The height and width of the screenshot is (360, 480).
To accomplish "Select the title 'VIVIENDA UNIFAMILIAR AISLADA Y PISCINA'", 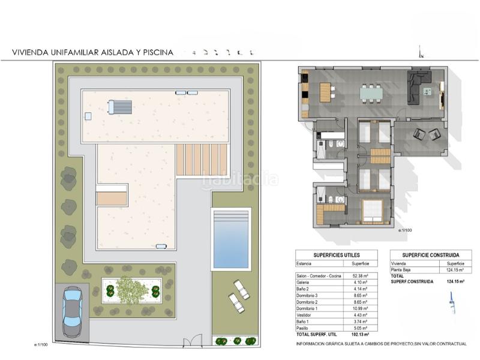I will pos(93,52).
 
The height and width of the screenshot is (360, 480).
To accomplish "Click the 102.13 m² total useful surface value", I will pos(359,334).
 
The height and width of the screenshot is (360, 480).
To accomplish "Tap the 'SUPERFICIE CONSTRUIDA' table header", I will pos(427,254).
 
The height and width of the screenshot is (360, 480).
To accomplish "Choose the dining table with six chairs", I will pos(372,93).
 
